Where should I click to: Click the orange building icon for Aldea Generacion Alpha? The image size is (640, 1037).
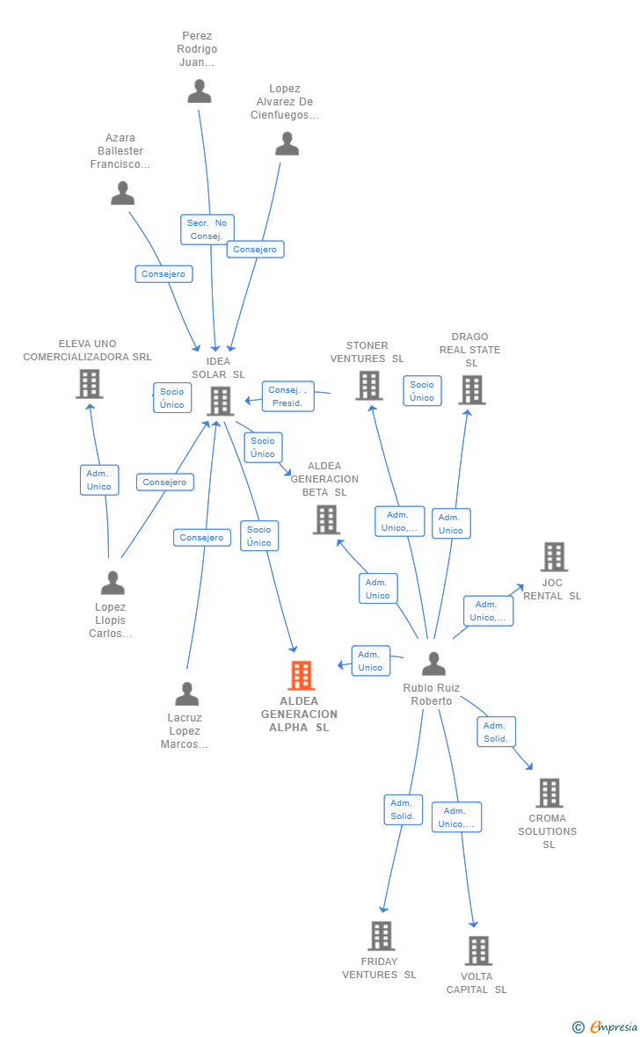point(302,676)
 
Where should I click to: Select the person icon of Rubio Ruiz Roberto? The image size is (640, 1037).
point(433,664)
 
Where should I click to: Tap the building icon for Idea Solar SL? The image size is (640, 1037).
point(221,401)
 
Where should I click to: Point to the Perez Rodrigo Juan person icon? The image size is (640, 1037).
point(200,91)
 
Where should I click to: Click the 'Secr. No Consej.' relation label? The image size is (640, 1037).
point(207,229)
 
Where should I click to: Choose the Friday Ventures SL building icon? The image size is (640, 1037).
point(381,936)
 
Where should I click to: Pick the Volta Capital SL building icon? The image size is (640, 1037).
point(478,951)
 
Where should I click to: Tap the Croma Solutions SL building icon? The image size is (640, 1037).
point(549,793)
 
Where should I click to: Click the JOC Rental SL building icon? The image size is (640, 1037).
point(553,556)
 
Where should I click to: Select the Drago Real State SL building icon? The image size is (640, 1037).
point(471,390)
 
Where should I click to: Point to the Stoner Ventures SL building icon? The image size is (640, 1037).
point(368,385)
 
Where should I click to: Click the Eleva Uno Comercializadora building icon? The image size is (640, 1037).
point(89,384)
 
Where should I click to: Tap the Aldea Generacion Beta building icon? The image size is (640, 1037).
point(326,519)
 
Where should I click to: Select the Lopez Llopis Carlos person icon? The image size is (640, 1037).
point(113,583)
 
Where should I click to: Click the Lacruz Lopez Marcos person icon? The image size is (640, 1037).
point(186,694)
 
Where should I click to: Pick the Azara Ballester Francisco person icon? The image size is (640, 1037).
point(122,192)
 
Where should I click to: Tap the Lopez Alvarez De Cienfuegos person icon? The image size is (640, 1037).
point(287,144)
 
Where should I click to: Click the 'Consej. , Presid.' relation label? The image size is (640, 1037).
point(287,396)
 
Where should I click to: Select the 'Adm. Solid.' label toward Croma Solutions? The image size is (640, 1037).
point(496,732)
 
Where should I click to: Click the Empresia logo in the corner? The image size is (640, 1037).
point(606,1026)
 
